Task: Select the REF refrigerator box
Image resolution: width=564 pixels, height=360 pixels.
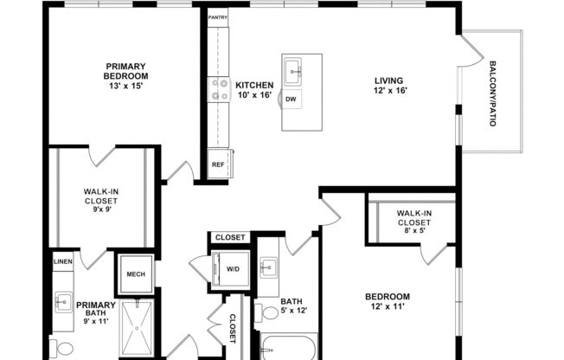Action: (x=217, y=163)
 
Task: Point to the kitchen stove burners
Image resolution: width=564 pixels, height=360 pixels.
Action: (x=217, y=89)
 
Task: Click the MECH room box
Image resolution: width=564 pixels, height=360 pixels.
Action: (x=136, y=274)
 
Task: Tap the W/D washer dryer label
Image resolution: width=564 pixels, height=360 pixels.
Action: (x=233, y=268)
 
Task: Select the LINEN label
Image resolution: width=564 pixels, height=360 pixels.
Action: (x=62, y=261)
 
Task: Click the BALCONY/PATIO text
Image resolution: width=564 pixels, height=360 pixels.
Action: (x=493, y=94)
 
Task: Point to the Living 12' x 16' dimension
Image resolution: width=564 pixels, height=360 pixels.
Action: (x=390, y=90)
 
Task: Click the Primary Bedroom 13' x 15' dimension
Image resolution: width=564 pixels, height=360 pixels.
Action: (x=126, y=86)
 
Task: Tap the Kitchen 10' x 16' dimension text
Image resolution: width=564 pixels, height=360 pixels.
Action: (x=254, y=94)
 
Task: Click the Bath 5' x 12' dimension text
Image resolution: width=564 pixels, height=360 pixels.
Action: (x=293, y=310)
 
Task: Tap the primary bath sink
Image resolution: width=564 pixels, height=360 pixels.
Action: (x=63, y=301)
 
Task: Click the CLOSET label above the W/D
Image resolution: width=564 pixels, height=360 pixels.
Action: (x=230, y=237)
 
